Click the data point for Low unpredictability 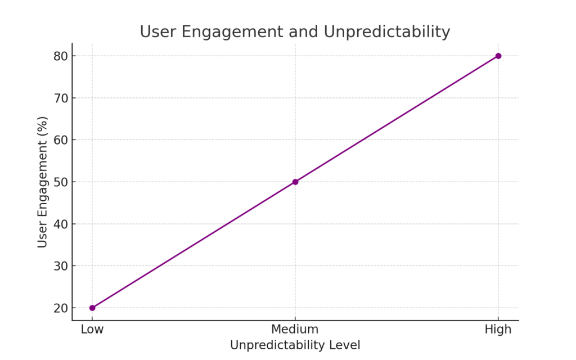[x=92, y=308]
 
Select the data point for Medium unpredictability [x=295, y=182]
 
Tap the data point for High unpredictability [x=498, y=56]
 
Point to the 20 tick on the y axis [x=61, y=308]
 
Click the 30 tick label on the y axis [x=61, y=266]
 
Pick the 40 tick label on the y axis [x=61, y=224]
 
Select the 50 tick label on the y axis [x=61, y=182]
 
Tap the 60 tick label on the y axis [x=61, y=140]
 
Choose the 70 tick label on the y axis [x=61, y=98]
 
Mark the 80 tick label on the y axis [x=61, y=56]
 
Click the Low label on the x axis [x=92, y=330]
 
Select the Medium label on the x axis [x=295, y=330]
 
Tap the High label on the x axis [x=498, y=330]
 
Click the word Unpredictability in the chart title [x=387, y=32]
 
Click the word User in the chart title [x=157, y=32]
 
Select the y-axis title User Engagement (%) [x=43, y=182]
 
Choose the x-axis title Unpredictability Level [x=295, y=345]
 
